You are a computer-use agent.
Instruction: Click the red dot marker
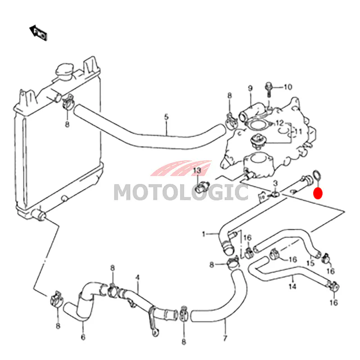point(318,193)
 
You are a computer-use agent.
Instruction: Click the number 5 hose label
point(166,117)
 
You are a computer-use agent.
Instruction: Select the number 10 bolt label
point(288,87)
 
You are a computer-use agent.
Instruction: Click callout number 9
point(250,88)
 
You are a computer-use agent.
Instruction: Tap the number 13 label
point(197,171)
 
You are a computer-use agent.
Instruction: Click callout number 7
point(225,338)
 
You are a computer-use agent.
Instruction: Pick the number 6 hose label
point(83,337)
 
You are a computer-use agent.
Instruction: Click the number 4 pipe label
point(137,278)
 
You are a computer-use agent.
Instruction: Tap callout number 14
point(292,287)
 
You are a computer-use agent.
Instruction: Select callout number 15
point(310,263)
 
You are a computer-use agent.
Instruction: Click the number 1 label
point(203,234)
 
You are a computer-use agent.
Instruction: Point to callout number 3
point(275,183)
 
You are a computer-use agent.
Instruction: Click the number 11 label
point(298,131)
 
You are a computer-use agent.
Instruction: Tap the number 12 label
point(279,123)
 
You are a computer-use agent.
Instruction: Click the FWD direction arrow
point(38,32)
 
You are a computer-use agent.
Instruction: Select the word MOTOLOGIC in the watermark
point(181,193)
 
